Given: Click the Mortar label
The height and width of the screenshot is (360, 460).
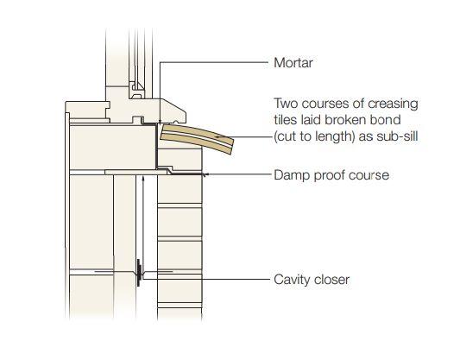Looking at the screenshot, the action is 293,63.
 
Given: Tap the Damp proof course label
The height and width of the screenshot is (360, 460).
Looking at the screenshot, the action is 331,175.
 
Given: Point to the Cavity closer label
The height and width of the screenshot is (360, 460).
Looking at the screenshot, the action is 312,280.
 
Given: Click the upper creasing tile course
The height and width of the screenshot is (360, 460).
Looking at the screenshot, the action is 198,132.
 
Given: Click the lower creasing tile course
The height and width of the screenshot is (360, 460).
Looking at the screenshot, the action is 196,140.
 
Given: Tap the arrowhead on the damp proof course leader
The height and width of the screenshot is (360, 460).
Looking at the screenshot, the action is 205,174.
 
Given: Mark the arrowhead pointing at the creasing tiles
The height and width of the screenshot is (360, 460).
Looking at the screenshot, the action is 217,136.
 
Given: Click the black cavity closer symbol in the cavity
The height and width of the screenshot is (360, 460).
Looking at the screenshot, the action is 139,272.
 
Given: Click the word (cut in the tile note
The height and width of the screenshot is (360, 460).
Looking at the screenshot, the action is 284,136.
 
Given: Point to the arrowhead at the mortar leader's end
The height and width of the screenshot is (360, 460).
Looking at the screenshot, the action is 160,122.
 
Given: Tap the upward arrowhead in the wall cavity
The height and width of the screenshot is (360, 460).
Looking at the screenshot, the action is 143,178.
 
